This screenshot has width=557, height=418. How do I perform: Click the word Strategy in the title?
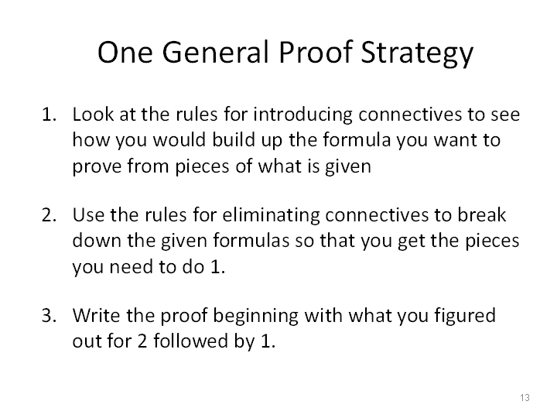pos(417,53)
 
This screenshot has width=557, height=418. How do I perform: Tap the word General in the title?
pos(215,52)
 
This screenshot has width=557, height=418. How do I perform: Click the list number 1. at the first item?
pos(49,115)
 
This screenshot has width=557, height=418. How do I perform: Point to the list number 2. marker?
pos(49,215)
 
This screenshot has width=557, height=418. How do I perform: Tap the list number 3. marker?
pos(49,316)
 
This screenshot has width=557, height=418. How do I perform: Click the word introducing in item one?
pos(302,115)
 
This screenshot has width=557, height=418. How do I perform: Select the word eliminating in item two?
pos(271,216)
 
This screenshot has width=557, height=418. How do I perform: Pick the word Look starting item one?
pos(93,114)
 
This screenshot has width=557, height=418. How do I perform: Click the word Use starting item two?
pos(88,215)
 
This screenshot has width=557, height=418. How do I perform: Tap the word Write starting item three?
pos(96,315)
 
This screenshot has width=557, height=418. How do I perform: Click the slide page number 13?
pos(525,397)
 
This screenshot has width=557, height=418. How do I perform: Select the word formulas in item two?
pos(251,240)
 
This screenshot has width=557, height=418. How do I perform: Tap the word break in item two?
pos(481,215)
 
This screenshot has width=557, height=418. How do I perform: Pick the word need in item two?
pos(131,267)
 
